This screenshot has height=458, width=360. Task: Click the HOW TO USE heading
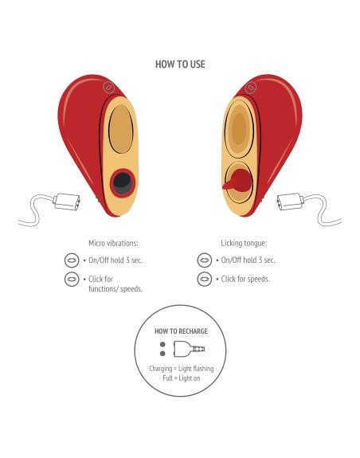pyautogui.click(x=180, y=65)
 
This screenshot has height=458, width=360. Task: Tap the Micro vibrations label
pyautogui.click(x=113, y=243)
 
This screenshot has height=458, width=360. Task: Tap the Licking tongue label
pyautogui.click(x=244, y=243)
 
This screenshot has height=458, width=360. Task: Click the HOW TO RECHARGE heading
pyautogui.click(x=181, y=331)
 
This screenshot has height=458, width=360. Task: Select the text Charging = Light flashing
pyautogui.click(x=182, y=369)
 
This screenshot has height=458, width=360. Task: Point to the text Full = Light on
pyautogui.click(x=182, y=378)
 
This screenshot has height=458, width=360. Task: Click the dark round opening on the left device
pyautogui.click(x=123, y=183)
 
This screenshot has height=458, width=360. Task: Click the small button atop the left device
pyautogui.click(x=108, y=87)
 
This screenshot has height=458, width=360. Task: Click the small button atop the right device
pyautogui.click(x=251, y=88)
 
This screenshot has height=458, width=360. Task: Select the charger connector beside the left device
pyautogui.click(x=67, y=202)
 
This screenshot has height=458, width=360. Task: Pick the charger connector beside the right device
pyautogui.click(x=290, y=202)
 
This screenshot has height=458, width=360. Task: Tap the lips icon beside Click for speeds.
pyautogui.click(x=205, y=279)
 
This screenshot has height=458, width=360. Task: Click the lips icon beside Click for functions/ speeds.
pyautogui.click(x=72, y=279)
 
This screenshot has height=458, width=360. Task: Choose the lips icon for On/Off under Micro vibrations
pyautogui.click(x=72, y=260)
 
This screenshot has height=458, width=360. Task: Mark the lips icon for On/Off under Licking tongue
pyautogui.click(x=205, y=260)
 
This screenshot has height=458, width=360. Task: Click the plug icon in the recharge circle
pyautogui.click(x=189, y=349)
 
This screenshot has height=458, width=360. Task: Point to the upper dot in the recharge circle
pyautogui.click(x=162, y=345)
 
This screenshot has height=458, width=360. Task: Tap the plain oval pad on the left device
pyautogui.click(x=121, y=129)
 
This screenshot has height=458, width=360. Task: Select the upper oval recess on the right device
pyautogui.click(x=239, y=128)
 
